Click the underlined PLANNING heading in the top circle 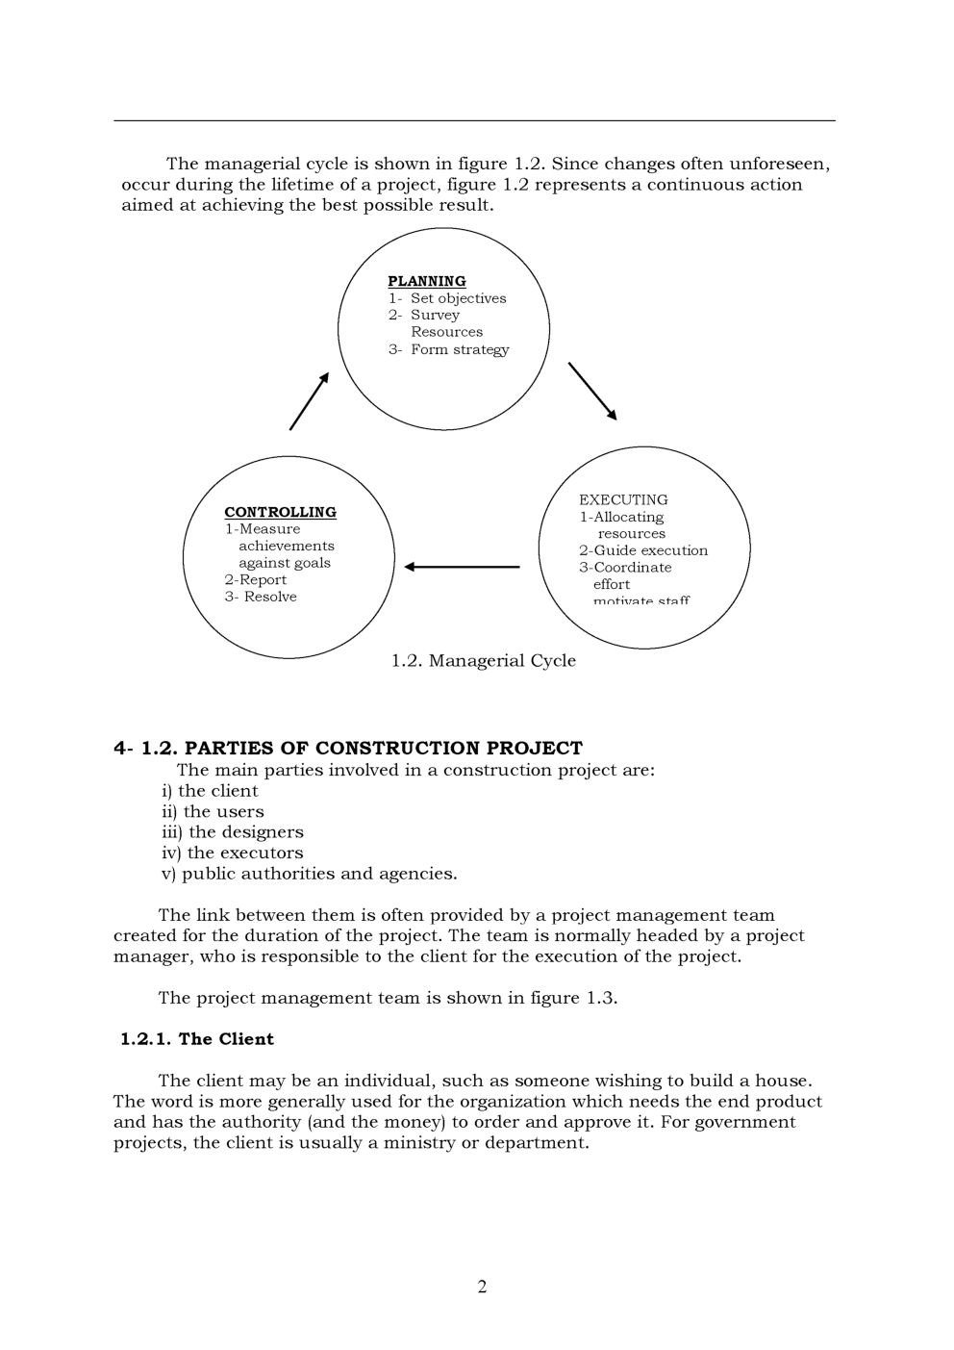point(426,281)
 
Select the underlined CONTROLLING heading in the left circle point(280,512)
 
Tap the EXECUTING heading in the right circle point(623,499)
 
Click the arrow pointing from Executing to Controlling point(462,567)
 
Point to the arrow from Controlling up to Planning point(309,401)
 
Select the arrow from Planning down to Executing point(592,391)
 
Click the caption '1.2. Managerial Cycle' point(483,660)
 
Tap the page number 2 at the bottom point(482,1286)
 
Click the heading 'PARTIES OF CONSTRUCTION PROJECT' point(383,748)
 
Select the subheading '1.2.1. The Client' point(197,1038)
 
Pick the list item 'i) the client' point(210,791)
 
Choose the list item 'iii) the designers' point(232,832)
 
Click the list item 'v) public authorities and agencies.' point(309,874)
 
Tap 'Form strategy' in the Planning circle point(459,349)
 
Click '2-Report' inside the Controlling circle point(256,579)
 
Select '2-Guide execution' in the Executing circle point(642,550)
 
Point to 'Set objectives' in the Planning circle point(458,298)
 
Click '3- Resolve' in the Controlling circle point(261,597)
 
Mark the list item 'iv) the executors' point(232,853)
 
